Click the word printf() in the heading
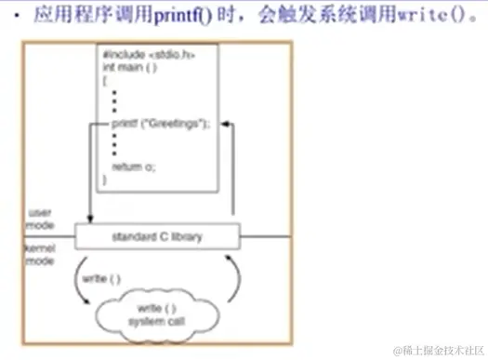[x=190, y=16]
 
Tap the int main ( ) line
[x=130, y=67]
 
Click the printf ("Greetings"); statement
[x=161, y=123]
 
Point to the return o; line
[x=134, y=167]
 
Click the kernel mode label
[x=40, y=257]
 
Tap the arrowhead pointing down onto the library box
[x=91, y=219]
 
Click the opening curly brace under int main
[x=106, y=81]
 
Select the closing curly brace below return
[x=105, y=179]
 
